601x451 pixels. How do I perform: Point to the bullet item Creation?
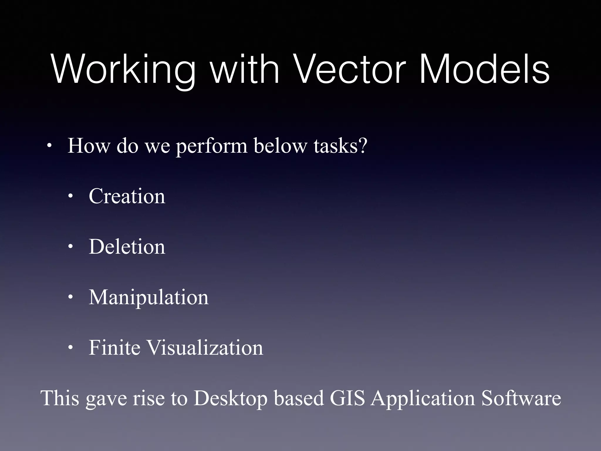[x=127, y=196]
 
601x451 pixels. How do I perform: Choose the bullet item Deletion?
[x=127, y=247]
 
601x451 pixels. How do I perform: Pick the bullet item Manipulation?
[x=148, y=297]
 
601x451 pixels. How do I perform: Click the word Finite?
[x=114, y=348]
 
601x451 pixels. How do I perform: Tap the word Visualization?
[x=205, y=348]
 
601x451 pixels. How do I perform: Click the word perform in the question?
[x=212, y=146]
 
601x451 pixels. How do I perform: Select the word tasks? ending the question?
[x=340, y=146]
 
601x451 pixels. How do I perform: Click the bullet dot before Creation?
[x=70, y=197]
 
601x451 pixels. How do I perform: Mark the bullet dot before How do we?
[x=49, y=146]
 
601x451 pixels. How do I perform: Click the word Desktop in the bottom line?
[x=230, y=398]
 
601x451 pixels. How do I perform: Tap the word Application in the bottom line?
[x=423, y=398]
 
